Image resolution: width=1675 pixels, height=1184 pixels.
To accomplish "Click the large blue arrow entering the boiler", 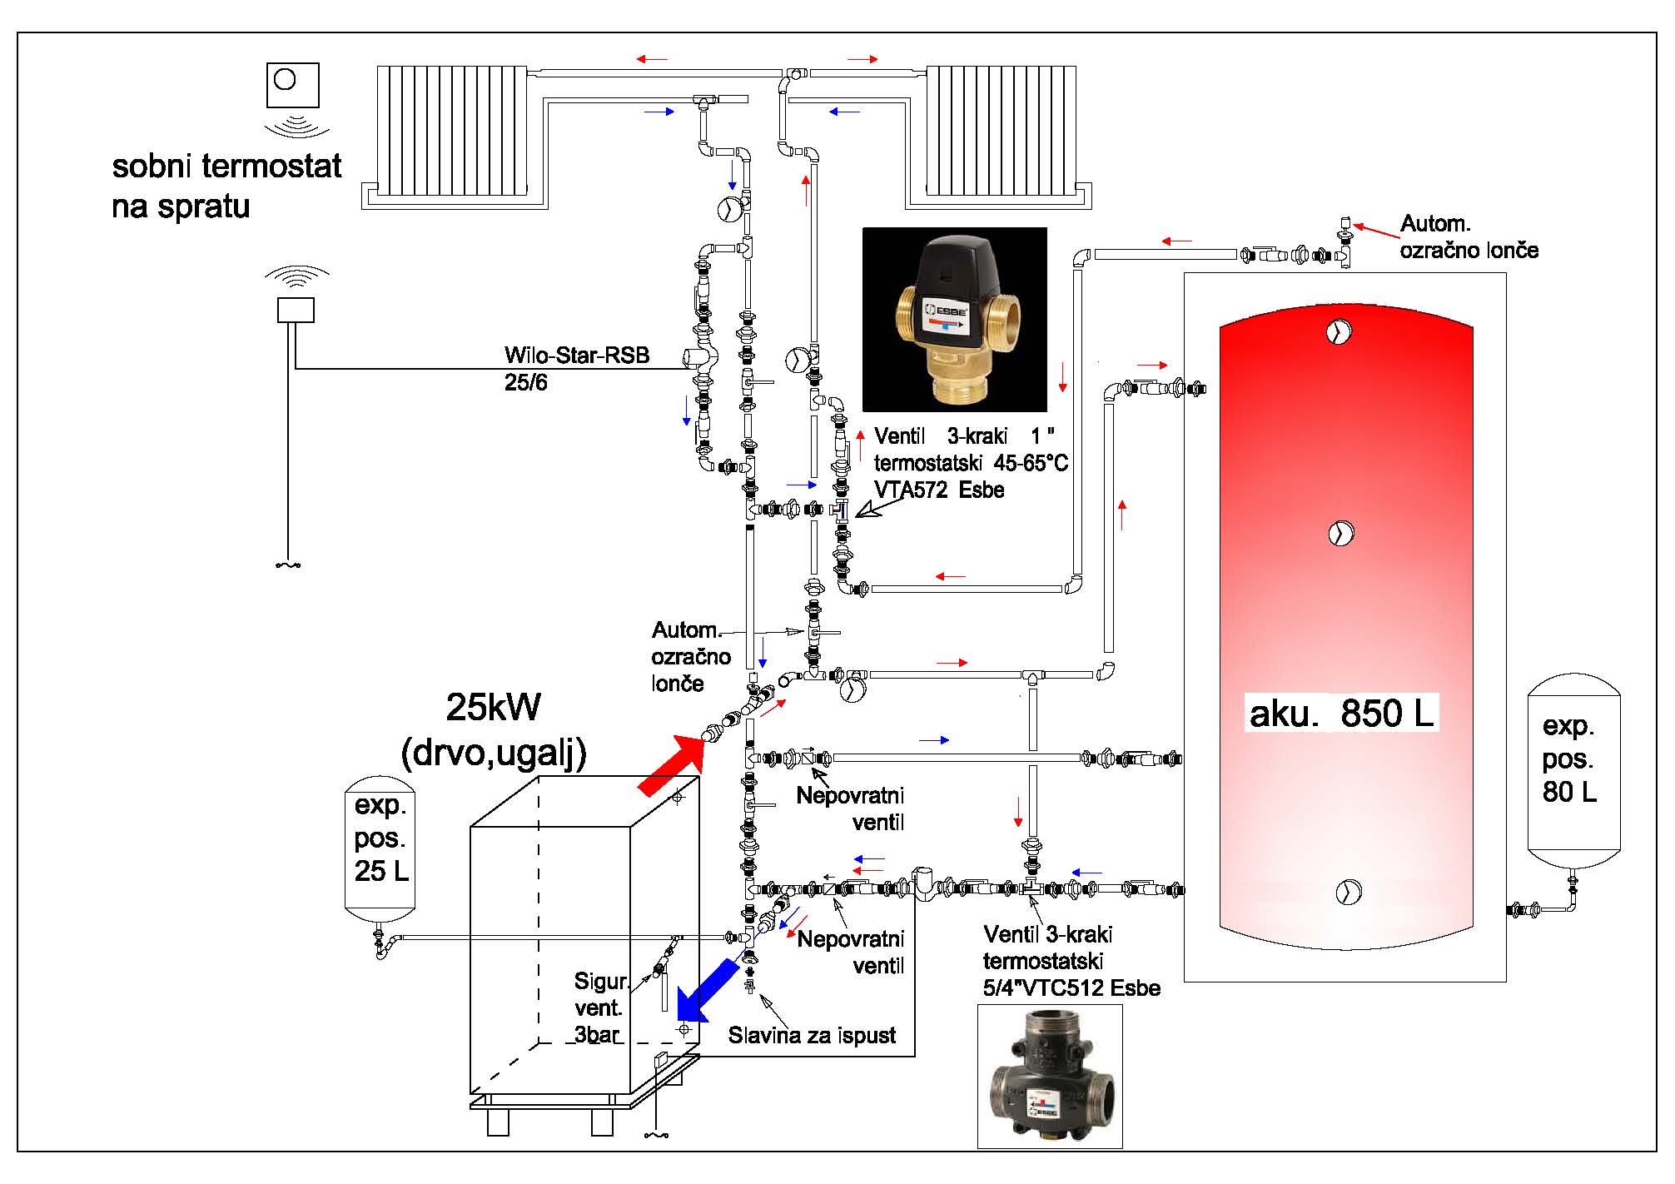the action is tap(707, 991).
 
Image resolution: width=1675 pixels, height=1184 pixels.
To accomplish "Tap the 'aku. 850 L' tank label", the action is tap(1341, 714).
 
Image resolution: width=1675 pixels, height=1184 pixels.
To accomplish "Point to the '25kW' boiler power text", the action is tap(493, 708).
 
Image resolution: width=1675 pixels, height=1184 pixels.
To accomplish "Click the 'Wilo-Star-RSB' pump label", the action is tap(576, 356).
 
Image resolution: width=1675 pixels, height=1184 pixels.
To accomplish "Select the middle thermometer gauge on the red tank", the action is tap(1340, 532).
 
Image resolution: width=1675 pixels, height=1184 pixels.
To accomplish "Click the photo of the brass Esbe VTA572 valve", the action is tap(954, 320).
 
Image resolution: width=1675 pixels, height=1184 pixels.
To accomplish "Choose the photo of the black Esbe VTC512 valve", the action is tap(1050, 1077).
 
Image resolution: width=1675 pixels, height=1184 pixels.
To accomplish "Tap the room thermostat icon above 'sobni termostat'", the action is tap(292, 84).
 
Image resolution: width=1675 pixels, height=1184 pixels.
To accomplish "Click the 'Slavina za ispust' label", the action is tap(812, 1035).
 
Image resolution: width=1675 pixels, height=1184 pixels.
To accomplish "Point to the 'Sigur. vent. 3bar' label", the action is tap(599, 1007).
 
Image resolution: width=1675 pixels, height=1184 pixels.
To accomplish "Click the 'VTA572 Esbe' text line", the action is tap(939, 490).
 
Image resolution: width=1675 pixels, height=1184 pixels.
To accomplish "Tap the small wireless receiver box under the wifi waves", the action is tap(296, 310).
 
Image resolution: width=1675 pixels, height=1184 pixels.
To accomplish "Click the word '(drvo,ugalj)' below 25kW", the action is tap(494, 754).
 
